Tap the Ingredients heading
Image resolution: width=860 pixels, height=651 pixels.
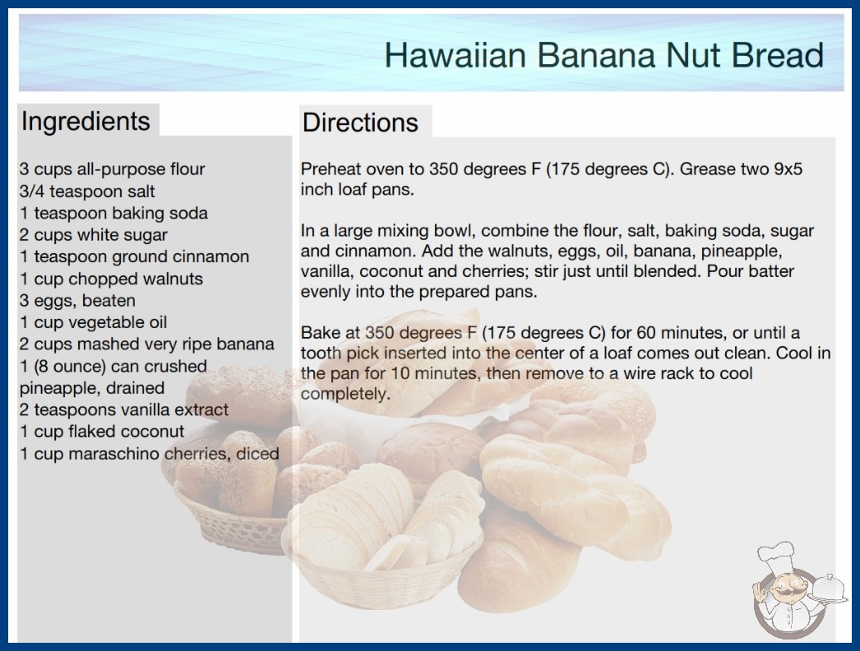click(x=86, y=122)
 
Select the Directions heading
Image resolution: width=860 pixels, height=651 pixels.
click(x=360, y=122)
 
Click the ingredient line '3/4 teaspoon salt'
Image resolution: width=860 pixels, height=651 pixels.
click(x=87, y=192)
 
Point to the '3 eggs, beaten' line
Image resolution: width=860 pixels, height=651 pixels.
click(x=77, y=301)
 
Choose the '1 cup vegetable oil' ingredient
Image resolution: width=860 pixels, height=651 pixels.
click(x=93, y=322)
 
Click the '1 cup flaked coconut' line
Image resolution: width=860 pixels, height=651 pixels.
click(x=102, y=432)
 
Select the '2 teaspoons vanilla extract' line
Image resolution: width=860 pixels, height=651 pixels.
click(x=124, y=409)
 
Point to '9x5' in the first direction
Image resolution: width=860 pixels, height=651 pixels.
click(x=788, y=169)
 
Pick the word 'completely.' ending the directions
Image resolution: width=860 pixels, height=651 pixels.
click(x=345, y=395)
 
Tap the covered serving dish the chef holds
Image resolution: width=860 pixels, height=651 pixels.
click(x=829, y=588)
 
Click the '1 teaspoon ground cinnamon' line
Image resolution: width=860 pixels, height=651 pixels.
click(x=134, y=256)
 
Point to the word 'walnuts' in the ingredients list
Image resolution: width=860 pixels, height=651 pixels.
click(x=173, y=279)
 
